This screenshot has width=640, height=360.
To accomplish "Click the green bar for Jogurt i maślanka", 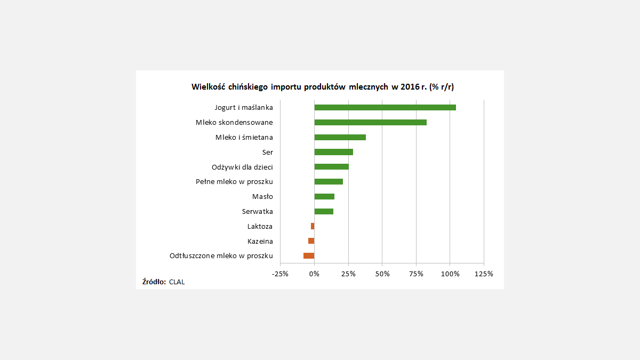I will [385, 107].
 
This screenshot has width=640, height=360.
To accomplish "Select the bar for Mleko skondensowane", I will [370, 122].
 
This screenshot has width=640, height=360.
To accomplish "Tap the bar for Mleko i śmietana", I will [340, 137].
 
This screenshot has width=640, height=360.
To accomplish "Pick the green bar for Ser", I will [333, 152].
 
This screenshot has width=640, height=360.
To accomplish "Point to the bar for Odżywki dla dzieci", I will [331, 166].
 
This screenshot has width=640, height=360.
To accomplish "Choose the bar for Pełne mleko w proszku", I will [329, 181].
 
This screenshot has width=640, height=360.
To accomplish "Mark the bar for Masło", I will [324, 196].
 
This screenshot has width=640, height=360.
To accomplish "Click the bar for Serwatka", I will [324, 211].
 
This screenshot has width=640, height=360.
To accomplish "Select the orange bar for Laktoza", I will [313, 226].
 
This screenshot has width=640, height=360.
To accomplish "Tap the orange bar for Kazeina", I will [311, 241].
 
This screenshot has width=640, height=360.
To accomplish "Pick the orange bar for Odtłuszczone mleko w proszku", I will [309, 255].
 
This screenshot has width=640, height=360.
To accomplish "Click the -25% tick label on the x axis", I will [280, 274].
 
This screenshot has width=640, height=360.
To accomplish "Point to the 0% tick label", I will [314, 274].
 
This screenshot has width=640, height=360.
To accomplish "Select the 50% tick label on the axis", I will [382, 274].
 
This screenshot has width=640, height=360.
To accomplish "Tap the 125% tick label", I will [484, 274].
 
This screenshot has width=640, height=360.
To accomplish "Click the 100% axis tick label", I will [450, 274].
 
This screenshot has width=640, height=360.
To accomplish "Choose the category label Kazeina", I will [260, 241].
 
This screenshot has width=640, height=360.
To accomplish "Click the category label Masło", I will [262, 196].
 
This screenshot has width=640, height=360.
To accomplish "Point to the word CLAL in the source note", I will [177, 282].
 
